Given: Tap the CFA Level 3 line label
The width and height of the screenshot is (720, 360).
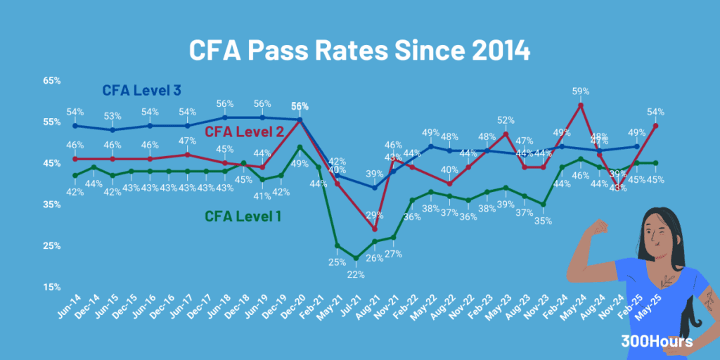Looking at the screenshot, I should pos(142,90).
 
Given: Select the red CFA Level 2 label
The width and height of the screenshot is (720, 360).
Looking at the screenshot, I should pos(244,131).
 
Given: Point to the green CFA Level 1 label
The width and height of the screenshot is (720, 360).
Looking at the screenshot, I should pos(243,216).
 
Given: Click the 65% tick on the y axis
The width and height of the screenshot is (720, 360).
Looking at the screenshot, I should pos(53,81).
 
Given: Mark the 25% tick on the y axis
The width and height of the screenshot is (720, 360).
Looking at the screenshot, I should pos(53,246).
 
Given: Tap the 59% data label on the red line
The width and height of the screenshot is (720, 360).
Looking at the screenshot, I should pos(580,91).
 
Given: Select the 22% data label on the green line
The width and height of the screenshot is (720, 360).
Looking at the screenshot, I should pos(356,274).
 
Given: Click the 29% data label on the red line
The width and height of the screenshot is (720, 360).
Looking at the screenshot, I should pos(374,214).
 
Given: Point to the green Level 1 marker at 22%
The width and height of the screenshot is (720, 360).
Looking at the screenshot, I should pos(356,258).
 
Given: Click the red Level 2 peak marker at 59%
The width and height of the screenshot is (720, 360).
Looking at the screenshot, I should pos(581,105).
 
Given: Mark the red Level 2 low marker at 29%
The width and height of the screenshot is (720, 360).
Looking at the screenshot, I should pos(375,229).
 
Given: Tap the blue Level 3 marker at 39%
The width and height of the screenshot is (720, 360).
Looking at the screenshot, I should pos(375,188).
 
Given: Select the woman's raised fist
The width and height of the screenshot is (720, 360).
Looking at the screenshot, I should pos(600,227).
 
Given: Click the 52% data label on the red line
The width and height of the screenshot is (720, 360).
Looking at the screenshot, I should pos(506,120).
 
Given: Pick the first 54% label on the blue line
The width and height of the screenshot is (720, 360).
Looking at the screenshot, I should pos(75,112).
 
